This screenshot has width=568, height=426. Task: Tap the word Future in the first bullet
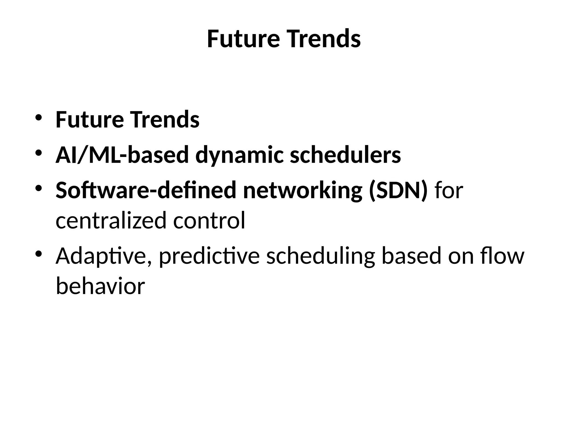coord(90,120)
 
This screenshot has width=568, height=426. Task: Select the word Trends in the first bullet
coord(165,120)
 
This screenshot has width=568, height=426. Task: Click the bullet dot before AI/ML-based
coord(38,153)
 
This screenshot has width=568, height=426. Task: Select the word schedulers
coord(345,155)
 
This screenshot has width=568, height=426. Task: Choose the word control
coord(209,220)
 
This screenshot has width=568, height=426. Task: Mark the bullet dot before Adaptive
coord(38,253)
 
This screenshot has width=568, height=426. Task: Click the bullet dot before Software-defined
coord(38,188)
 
